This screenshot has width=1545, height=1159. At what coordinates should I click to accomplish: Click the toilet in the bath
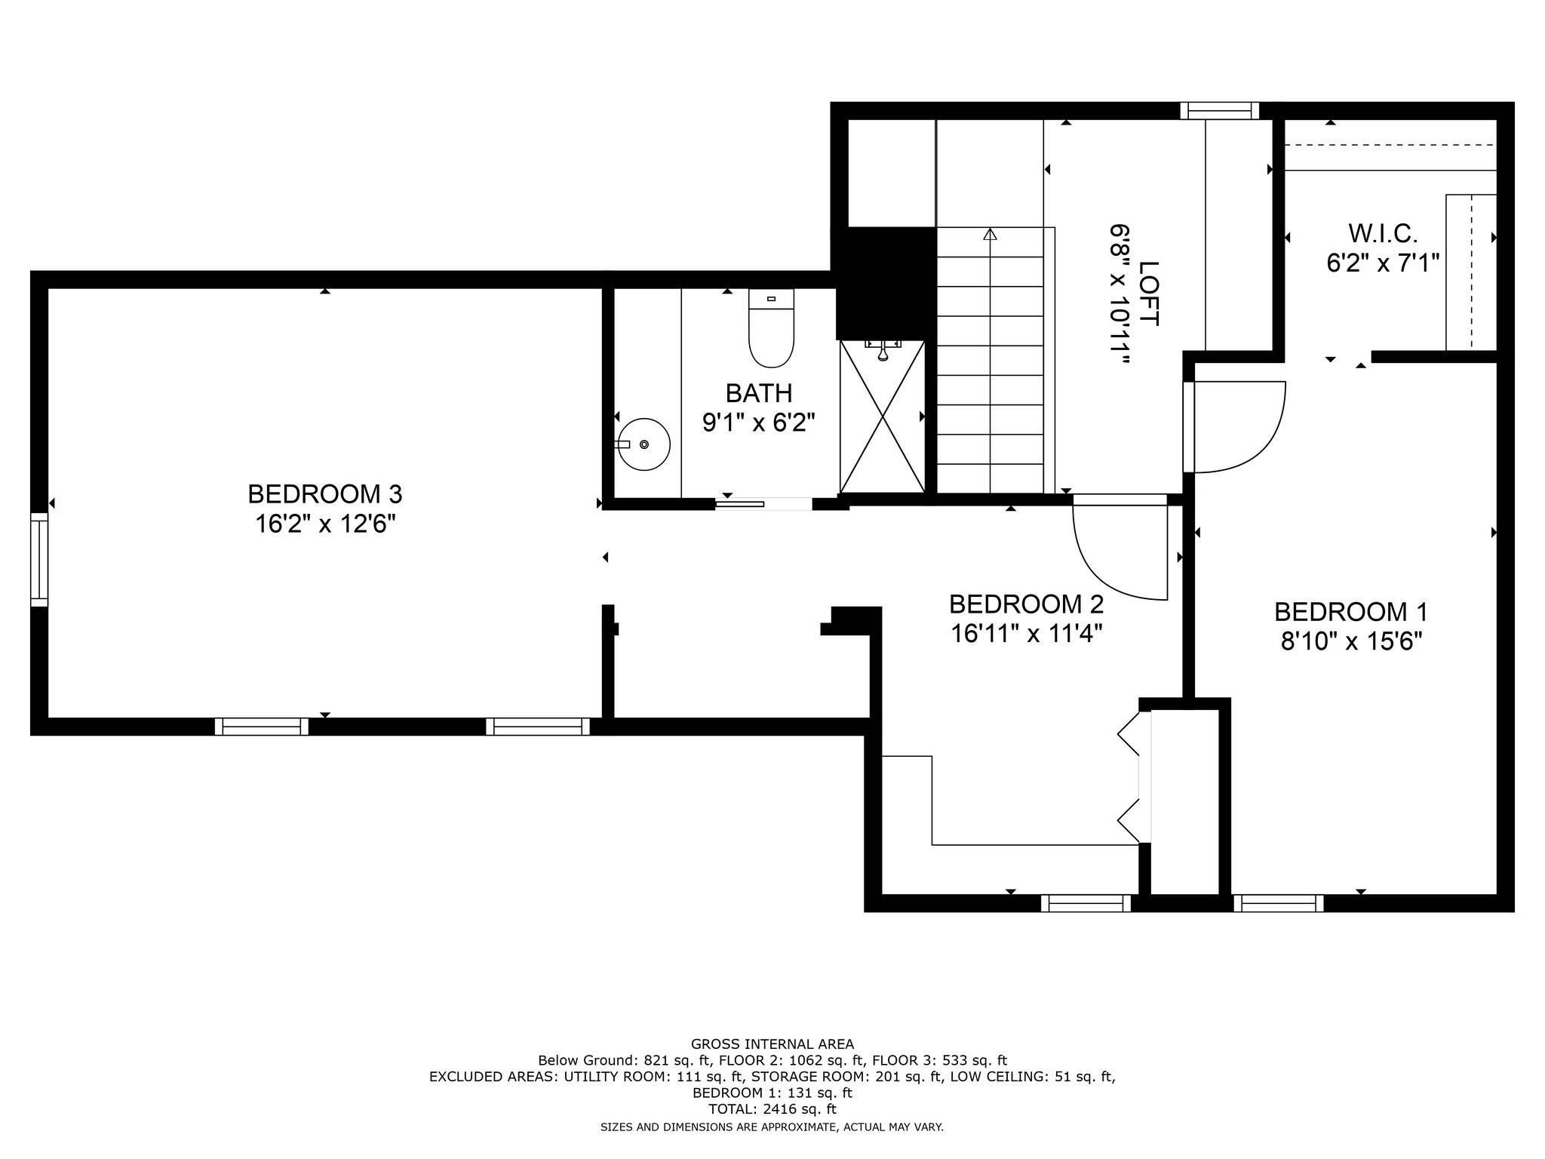[x=771, y=328]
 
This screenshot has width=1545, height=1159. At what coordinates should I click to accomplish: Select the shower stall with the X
[x=882, y=416]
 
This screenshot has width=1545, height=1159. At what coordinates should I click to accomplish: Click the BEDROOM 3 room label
[x=325, y=494]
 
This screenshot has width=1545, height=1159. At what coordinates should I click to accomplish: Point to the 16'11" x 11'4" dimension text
[x=1027, y=633]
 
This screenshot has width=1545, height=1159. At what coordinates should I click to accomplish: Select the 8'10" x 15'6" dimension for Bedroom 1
[x=1351, y=641]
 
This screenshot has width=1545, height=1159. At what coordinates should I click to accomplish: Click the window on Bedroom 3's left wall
[x=39, y=559]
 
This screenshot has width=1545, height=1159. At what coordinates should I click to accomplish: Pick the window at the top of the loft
[x=1220, y=111]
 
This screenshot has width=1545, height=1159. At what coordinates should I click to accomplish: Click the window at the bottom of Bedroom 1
[x=1279, y=903]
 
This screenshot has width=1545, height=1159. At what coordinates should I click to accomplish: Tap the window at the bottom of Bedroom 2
[x=1086, y=903]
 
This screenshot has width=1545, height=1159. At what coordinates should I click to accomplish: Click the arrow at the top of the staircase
[x=990, y=235]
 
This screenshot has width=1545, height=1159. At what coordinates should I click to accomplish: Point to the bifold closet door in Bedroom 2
[x=1135, y=777]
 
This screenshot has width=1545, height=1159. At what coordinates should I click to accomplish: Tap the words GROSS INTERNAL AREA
[x=772, y=1044]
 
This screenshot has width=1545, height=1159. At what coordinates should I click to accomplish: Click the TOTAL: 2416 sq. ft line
[x=772, y=1109]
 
